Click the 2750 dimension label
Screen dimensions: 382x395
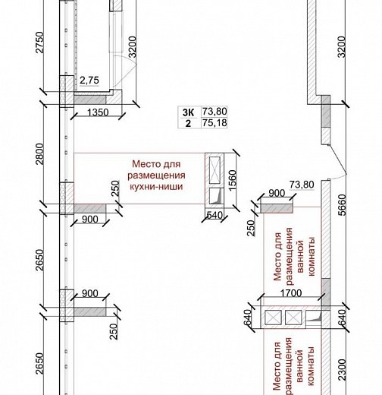tap(39, 43)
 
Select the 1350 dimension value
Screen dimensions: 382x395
tap(98, 112)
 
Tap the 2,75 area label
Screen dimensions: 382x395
tap(89, 81)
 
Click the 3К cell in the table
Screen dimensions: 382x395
tap(189, 112)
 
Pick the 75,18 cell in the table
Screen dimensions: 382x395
tap(214, 123)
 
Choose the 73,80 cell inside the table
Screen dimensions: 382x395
tap(214, 112)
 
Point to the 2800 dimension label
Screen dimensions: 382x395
tap(39, 154)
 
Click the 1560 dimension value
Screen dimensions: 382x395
tap(233, 180)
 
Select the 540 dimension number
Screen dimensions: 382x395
tap(214, 215)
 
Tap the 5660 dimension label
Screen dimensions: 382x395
tap(342, 204)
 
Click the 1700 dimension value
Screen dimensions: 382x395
tap(291, 293)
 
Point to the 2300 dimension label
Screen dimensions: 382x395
tap(342, 370)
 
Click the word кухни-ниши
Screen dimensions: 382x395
tap(156, 187)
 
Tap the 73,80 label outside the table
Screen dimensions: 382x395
tap(302, 185)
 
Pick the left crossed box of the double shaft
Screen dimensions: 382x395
tap(273, 318)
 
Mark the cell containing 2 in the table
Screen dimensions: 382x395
tap(188, 124)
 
